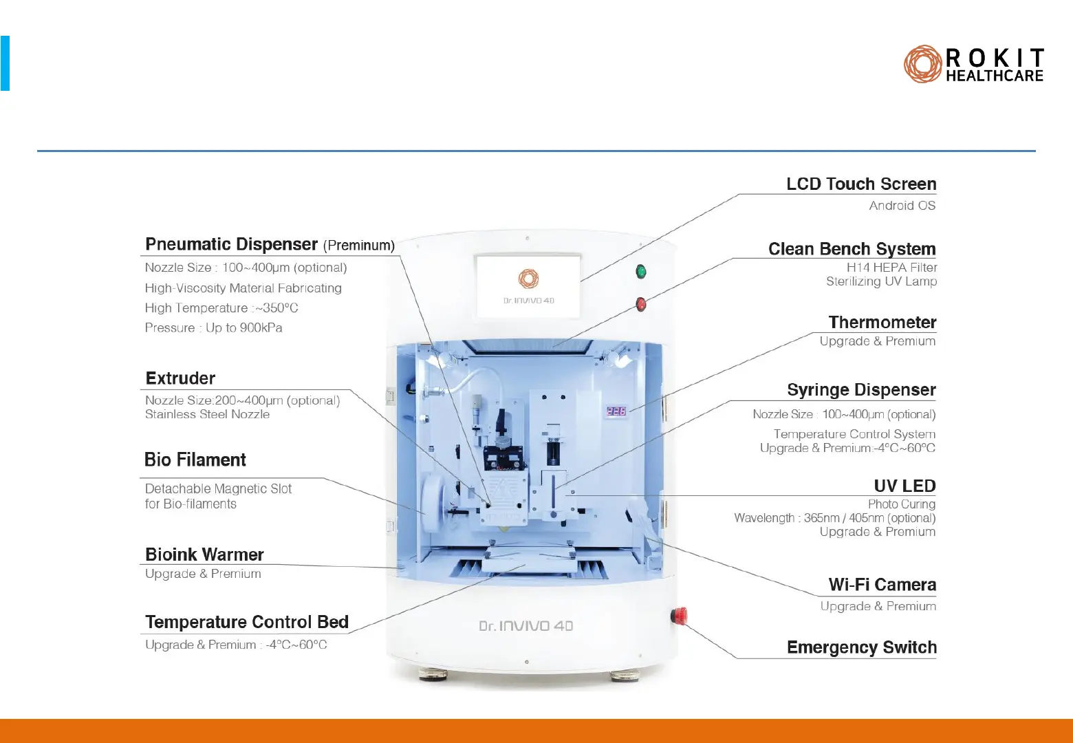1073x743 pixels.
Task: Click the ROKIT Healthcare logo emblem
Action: pyautogui.click(x=922, y=65)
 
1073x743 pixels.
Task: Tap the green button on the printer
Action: pyautogui.click(x=641, y=272)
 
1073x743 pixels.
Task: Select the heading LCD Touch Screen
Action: pyautogui.click(x=861, y=184)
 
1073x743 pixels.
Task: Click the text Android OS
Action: pyautogui.click(x=902, y=206)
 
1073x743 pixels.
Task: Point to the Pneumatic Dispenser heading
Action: pyautogui.click(x=231, y=245)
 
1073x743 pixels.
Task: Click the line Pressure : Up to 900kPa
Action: pyautogui.click(x=213, y=328)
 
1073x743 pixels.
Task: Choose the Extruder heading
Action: pyautogui.click(x=180, y=378)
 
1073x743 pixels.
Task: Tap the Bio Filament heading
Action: pyautogui.click(x=195, y=460)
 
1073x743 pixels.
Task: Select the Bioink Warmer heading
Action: pyautogui.click(x=204, y=554)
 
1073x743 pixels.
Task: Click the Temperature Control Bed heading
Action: pyautogui.click(x=247, y=622)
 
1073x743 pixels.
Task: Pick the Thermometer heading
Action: pyautogui.click(x=882, y=323)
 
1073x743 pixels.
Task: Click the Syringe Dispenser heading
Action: pyautogui.click(x=861, y=390)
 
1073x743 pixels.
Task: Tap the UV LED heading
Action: pyautogui.click(x=904, y=486)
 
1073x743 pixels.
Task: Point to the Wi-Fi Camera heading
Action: pyautogui.click(x=882, y=585)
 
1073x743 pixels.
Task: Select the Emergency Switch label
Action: pyautogui.click(x=861, y=647)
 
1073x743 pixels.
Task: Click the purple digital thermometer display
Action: pyautogui.click(x=616, y=411)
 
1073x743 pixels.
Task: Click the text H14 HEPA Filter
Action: pyautogui.click(x=891, y=268)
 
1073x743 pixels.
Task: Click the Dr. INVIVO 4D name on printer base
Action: pyautogui.click(x=525, y=626)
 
